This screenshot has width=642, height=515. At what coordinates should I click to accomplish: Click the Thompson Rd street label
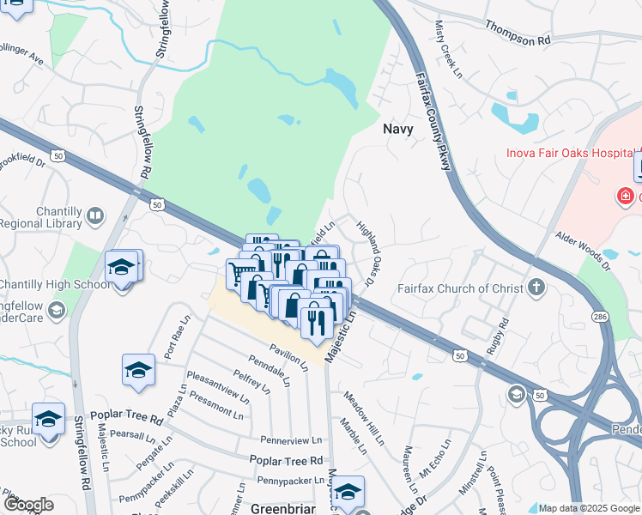click(517, 33)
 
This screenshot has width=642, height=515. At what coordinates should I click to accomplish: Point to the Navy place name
click(397, 130)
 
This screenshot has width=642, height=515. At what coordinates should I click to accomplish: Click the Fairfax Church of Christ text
click(459, 288)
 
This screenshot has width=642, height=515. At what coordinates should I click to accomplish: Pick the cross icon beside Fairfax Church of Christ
click(536, 287)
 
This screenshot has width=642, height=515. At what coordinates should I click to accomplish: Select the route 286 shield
click(598, 316)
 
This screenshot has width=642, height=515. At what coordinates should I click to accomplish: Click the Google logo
click(28, 505)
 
